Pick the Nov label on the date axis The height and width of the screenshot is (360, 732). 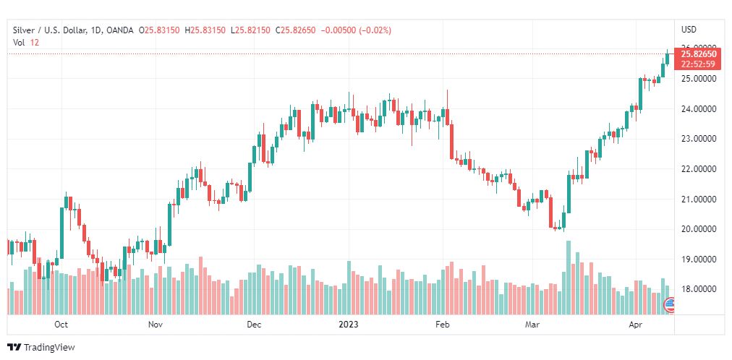156,325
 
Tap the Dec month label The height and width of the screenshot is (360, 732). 253,325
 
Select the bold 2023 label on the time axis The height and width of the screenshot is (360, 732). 349,325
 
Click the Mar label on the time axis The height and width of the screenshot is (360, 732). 532,325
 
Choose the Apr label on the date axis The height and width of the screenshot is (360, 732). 636,325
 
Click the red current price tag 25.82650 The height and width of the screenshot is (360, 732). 698,54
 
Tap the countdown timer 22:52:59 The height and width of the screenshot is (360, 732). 698,64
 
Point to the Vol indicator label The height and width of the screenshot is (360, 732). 18,43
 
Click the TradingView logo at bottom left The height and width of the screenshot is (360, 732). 41,348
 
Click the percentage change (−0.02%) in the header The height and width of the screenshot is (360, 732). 375,30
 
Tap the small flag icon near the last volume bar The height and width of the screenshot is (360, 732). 670,307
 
